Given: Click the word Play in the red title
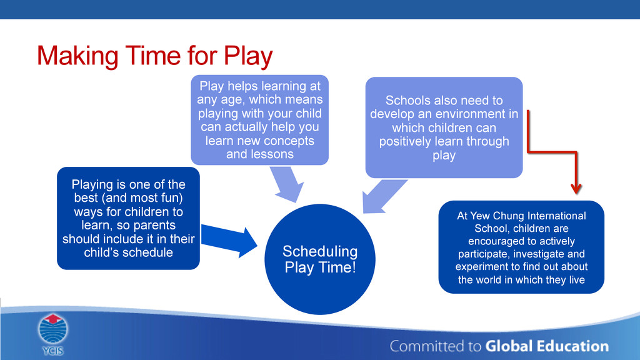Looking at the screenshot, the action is pyautogui.click(x=247, y=56).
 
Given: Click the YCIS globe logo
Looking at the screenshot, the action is pyautogui.click(x=53, y=329).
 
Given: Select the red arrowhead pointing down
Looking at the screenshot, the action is pyautogui.click(x=576, y=189).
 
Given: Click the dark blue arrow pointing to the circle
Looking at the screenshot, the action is pyautogui.click(x=229, y=241).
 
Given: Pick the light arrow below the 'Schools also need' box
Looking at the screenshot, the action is pyautogui.click(x=384, y=196).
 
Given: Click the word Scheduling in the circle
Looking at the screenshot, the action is pyautogui.click(x=320, y=251).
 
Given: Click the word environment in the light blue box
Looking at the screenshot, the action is pyautogui.click(x=473, y=114).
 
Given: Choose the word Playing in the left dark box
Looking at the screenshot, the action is pyautogui.click(x=92, y=184).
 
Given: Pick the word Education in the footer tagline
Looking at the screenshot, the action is pyautogui.click(x=572, y=346).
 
